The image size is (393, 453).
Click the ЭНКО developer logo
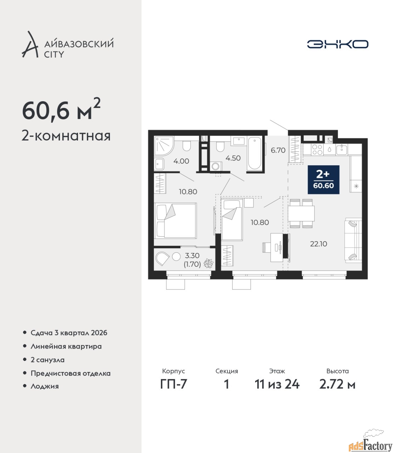337,44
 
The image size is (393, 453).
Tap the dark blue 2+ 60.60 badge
324,179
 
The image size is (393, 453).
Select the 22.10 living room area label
318,244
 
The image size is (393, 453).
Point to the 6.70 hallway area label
278,150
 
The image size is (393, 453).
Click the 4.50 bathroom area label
233,158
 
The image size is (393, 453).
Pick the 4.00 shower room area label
181,161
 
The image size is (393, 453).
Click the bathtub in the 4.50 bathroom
254,153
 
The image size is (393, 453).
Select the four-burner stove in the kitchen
317,149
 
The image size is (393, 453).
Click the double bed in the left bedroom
175,221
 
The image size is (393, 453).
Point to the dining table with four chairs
301,213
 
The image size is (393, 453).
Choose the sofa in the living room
353,240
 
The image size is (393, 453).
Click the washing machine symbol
216,166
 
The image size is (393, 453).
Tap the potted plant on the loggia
208,263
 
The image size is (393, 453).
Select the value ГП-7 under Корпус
173,390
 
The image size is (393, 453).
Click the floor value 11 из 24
277,390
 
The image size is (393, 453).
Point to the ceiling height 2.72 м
337,390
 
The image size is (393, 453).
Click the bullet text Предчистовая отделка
71,373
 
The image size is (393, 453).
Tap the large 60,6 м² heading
61,110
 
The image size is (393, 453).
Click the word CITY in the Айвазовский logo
54,55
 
